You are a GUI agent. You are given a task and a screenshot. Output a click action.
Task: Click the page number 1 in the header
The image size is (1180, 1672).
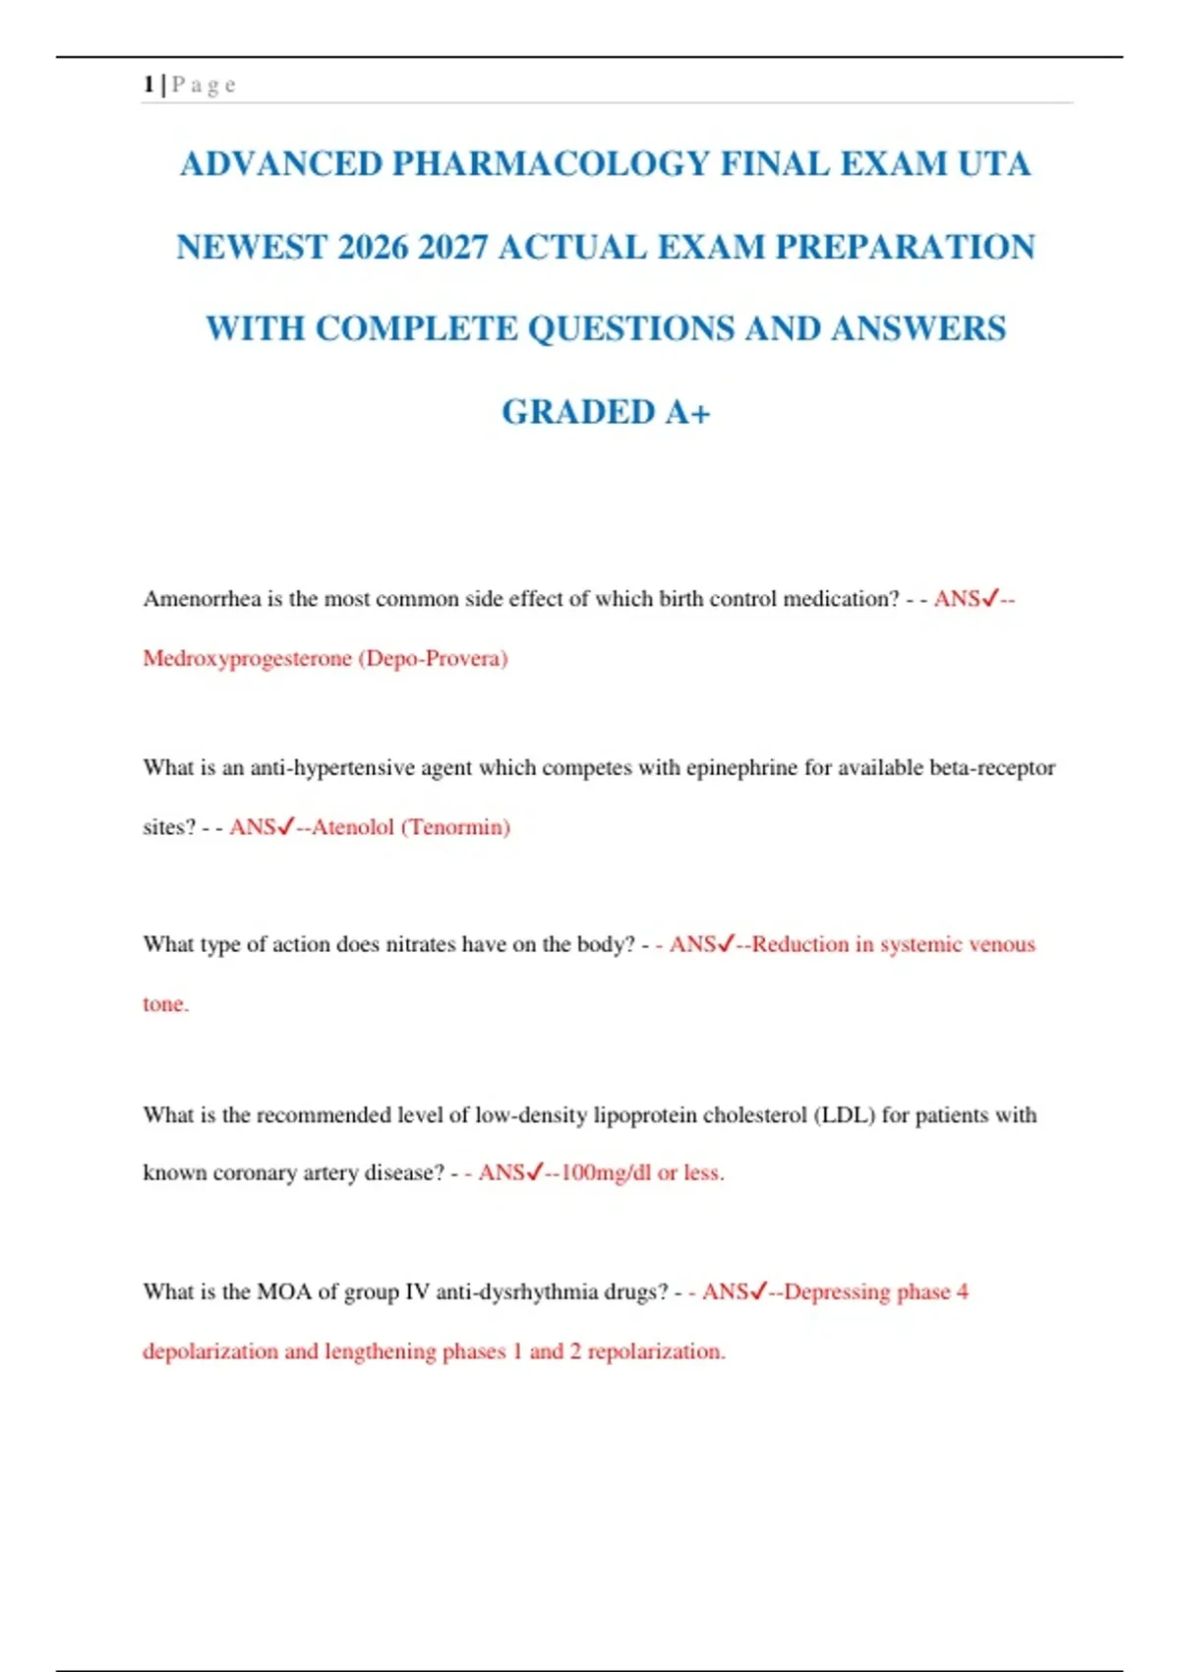pos(148,85)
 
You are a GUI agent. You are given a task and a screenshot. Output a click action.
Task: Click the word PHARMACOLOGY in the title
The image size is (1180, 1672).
pos(551,163)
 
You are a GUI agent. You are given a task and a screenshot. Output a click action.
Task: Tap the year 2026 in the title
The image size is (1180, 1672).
pos(373,247)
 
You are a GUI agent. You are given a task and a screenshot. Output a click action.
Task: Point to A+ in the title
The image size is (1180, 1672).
pos(687,412)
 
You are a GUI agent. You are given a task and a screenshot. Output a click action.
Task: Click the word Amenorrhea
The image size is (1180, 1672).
pos(202,599)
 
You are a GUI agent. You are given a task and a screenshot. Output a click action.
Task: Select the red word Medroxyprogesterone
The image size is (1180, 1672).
pos(247,658)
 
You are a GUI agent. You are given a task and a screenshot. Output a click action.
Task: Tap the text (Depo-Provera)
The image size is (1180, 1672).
pos(434,658)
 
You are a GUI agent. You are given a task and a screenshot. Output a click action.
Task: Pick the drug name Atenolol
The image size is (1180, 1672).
pos(353,827)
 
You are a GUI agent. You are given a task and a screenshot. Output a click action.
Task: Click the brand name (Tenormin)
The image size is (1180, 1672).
pos(455,827)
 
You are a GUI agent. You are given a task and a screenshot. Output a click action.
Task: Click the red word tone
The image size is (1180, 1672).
pos(165,1004)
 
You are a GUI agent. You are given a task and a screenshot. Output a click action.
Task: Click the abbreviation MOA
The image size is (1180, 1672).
pos(284,1291)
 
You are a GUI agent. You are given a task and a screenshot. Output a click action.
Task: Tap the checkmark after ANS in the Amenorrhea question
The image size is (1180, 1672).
pos(990,597)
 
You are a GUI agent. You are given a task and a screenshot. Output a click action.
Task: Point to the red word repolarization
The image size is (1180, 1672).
pos(656,1351)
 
